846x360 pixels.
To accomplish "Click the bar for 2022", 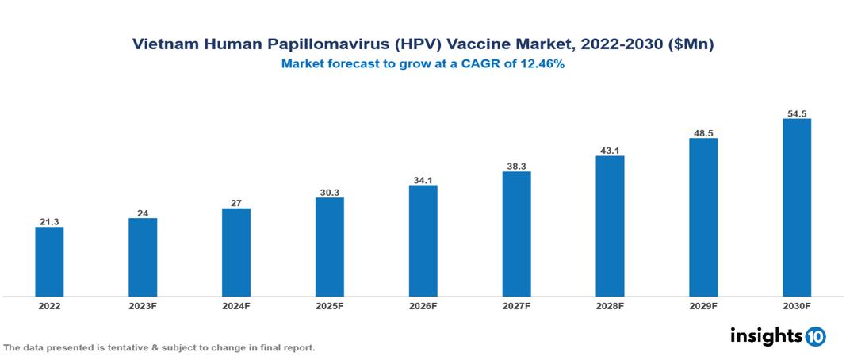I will [x=49, y=262].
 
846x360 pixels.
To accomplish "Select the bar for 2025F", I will [x=330, y=247].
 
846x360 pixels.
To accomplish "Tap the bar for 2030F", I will [x=797, y=208].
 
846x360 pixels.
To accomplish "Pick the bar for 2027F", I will [x=516, y=234].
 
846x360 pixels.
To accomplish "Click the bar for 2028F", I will [x=610, y=226].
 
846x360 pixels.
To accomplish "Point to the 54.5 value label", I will [x=797, y=113].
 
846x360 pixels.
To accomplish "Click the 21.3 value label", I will [x=49, y=222].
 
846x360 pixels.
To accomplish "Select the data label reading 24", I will [x=143, y=213].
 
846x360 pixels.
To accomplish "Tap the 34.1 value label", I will [x=423, y=179].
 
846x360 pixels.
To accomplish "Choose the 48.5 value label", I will [x=703, y=132].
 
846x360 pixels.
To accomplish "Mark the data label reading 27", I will [x=236, y=203].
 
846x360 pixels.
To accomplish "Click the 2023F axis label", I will [x=143, y=305].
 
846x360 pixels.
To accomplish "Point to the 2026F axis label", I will [x=423, y=305].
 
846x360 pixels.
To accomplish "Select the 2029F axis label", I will [x=703, y=305].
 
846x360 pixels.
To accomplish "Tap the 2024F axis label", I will [x=236, y=305].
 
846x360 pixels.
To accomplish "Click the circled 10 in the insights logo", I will [x=815, y=336].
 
